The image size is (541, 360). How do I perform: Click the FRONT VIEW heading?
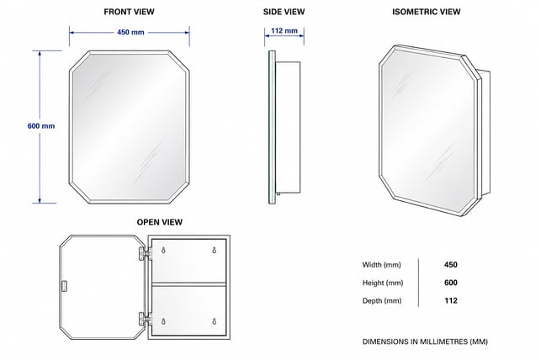pyautogui.click(x=129, y=12)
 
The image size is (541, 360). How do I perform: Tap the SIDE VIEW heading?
pyautogui.click(x=284, y=12)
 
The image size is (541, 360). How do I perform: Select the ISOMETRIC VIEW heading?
pyautogui.click(x=426, y=12)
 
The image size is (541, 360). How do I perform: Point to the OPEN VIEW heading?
pyautogui.click(x=160, y=222)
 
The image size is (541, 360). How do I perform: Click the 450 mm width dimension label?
pyautogui.click(x=130, y=32)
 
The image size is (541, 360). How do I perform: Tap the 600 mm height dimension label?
pyautogui.click(x=41, y=126)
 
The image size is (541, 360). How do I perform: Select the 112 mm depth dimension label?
pyautogui.click(x=284, y=30)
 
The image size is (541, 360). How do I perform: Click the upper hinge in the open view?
pyautogui.click(x=146, y=253)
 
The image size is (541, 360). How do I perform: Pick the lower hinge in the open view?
pyautogui.click(x=146, y=319)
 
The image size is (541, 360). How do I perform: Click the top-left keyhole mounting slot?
pyautogui.click(x=163, y=251)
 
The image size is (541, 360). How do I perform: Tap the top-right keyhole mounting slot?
pyautogui.click(x=215, y=251)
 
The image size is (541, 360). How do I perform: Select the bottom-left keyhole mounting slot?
pyautogui.click(x=163, y=321)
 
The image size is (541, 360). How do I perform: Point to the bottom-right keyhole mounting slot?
pyautogui.click(x=215, y=321)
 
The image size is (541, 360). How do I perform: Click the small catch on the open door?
pyautogui.click(x=64, y=287)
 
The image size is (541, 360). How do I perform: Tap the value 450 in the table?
pyautogui.click(x=451, y=264)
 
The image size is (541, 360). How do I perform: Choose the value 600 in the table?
pyautogui.click(x=451, y=283)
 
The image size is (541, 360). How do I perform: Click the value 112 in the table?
pyautogui.click(x=451, y=300)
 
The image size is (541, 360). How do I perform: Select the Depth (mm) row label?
pyautogui.click(x=382, y=300)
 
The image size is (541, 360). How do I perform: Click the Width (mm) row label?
pyautogui.click(x=382, y=265)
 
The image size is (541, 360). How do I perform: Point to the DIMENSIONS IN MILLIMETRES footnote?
pyautogui.click(x=425, y=341)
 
